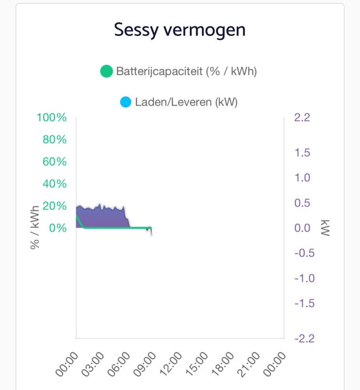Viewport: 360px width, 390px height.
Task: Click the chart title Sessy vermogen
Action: click(x=180, y=30)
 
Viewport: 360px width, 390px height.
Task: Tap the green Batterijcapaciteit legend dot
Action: click(x=106, y=72)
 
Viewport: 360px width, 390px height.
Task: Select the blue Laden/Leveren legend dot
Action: click(x=125, y=102)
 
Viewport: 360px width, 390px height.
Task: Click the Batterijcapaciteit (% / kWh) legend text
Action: click(x=186, y=72)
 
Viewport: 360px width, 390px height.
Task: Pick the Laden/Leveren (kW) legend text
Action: click(x=186, y=102)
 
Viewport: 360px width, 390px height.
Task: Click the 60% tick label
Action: click(x=55, y=162)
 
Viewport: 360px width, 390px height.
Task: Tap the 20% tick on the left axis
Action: click(x=55, y=206)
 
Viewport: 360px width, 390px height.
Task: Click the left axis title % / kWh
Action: click(x=35, y=227)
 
